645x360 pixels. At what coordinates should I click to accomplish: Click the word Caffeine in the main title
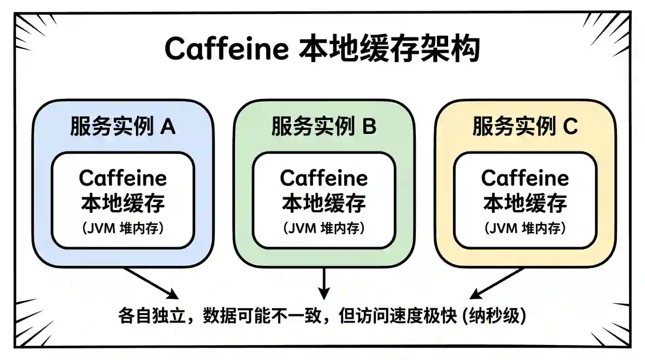[226, 48]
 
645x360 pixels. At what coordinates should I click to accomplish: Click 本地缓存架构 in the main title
[389, 48]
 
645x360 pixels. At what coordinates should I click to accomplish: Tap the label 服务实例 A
[123, 127]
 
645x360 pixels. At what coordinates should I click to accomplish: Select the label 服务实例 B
[324, 127]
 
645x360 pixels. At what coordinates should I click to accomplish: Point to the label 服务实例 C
[525, 127]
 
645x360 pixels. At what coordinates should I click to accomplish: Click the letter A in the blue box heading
[168, 127]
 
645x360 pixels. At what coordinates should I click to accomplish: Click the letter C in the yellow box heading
[570, 127]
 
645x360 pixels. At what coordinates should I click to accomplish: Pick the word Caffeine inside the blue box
[123, 178]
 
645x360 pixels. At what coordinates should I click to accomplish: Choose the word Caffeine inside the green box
[324, 178]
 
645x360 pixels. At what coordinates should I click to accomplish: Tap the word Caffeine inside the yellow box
[525, 178]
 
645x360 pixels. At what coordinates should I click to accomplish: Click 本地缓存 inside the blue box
[123, 203]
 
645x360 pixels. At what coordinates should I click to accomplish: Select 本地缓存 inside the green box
[324, 203]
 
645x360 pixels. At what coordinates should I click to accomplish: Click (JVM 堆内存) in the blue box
[123, 229]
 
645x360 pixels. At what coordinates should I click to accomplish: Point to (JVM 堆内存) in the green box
[324, 229]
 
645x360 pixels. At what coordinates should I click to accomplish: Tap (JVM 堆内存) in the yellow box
[525, 229]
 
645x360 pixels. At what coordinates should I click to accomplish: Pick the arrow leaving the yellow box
[497, 283]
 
